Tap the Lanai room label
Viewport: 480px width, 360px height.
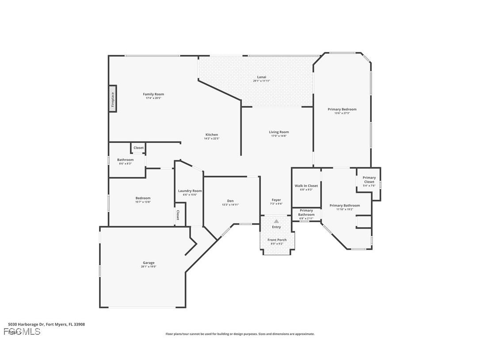(x=262, y=77)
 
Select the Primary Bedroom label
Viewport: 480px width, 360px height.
(x=342, y=109)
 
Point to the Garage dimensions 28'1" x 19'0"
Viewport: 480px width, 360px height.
(x=149, y=267)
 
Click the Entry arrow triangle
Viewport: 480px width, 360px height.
(x=276, y=221)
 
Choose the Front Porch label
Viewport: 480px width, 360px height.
(x=277, y=240)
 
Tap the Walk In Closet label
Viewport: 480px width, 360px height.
(x=306, y=186)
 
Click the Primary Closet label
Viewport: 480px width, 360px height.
(x=369, y=180)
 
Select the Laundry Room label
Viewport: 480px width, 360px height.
(x=190, y=191)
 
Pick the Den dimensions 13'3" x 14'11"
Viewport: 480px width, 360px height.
(x=230, y=205)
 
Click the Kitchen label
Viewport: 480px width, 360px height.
(x=212, y=134)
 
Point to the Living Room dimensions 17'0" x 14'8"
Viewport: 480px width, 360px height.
(x=279, y=136)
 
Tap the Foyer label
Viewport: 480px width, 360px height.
(x=276, y=200)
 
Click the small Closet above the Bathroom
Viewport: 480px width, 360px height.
(x=138, y=148)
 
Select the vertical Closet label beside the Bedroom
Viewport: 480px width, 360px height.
(x=178, y=215)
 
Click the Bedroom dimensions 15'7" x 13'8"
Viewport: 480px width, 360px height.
(x=143, y=202)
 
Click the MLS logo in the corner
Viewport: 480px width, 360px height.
(x=22, y=332)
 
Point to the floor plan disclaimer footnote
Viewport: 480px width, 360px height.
(x=240, y=334)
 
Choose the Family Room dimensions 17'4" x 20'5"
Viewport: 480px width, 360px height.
(x=153, y=98)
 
